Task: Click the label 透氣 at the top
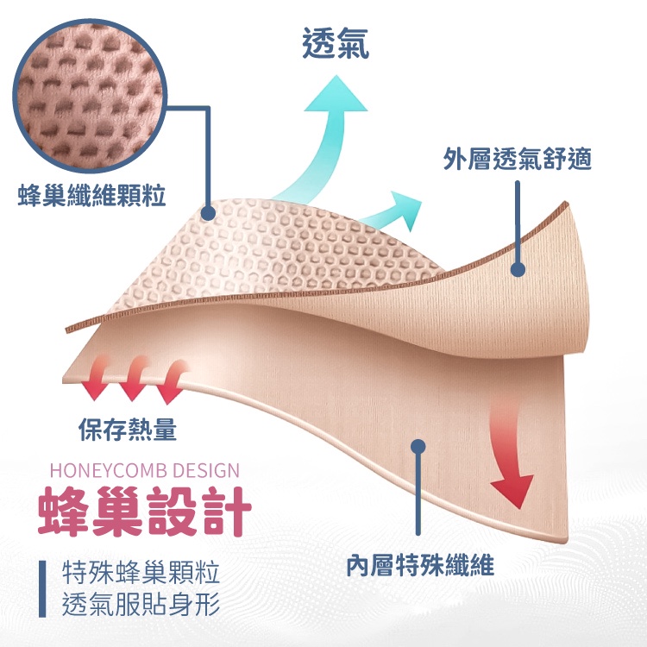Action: (x=336, y=43)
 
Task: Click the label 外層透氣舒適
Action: (x=517, y=159)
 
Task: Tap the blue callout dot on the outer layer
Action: (x=518, y=270)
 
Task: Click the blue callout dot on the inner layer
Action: (x=418, y=447)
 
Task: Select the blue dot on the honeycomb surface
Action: (x=208, y=210)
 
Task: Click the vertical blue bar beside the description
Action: (x=43, y=588)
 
